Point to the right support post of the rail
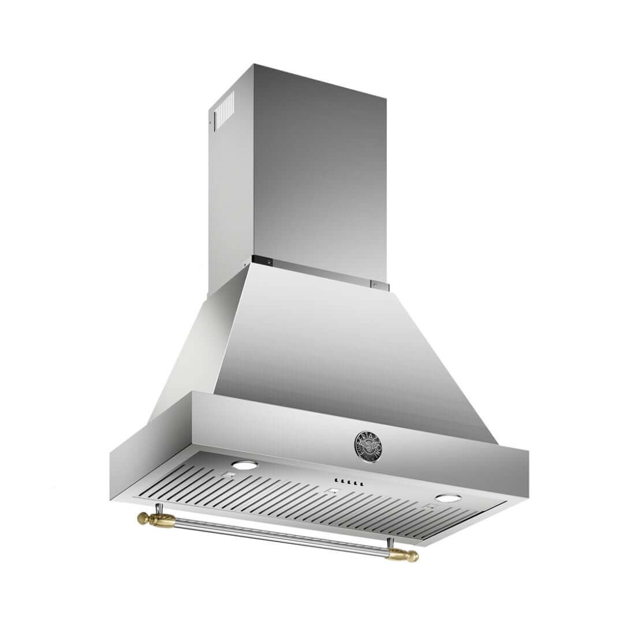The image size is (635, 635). [x=390, y=543]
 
